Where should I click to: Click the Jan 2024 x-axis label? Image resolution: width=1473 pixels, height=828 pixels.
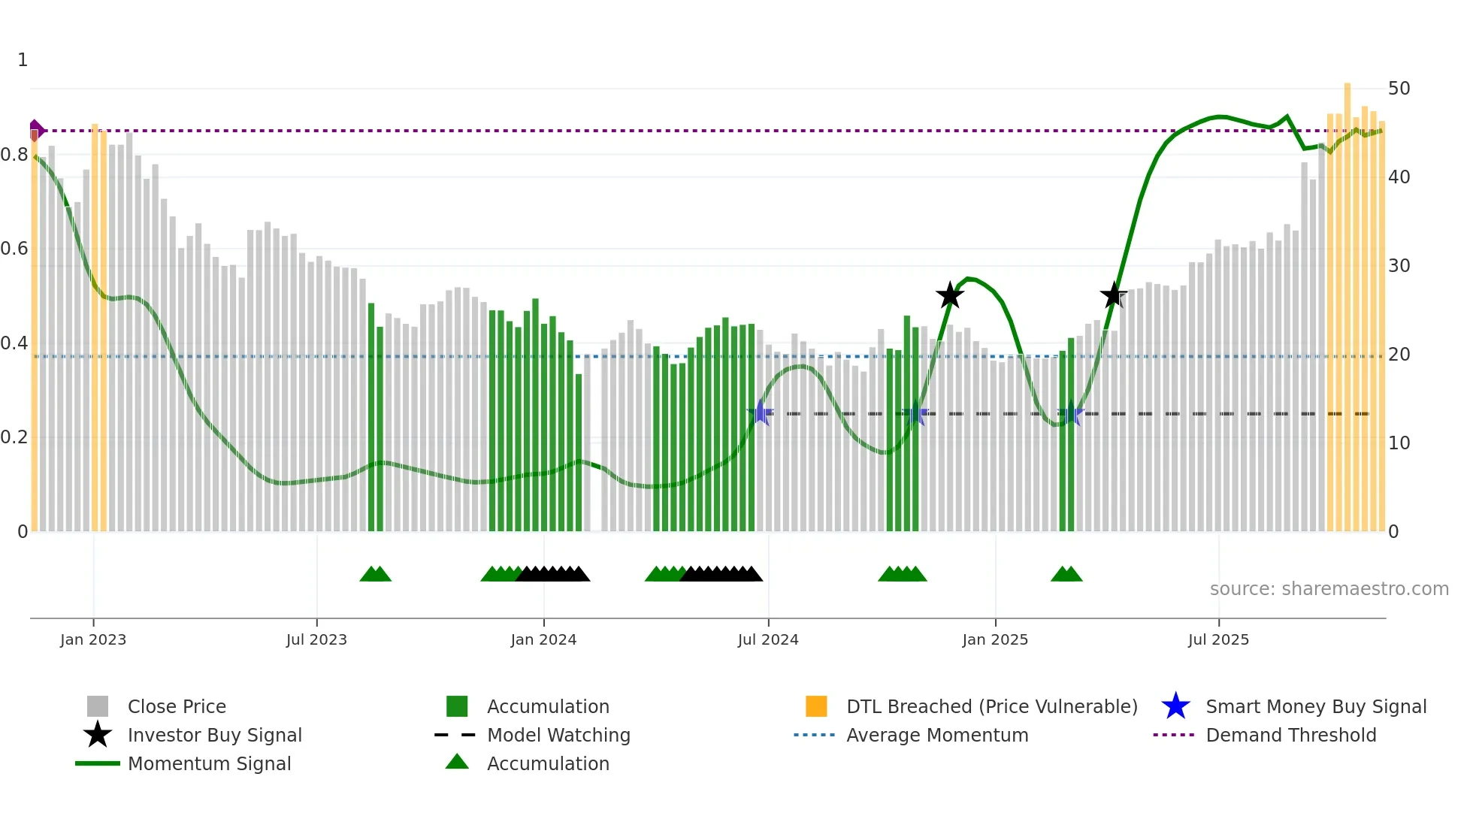coord(543,640)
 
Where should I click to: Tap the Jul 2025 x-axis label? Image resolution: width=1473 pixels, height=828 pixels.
coord(1218,640)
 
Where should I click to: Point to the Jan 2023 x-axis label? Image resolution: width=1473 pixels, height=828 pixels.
coord(93,640)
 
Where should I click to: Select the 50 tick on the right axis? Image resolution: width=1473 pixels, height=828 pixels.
coord(1399,89)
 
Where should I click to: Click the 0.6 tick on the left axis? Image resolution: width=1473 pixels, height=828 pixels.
coord(14,249)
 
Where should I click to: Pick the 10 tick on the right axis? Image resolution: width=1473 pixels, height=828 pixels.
coord(1399,443)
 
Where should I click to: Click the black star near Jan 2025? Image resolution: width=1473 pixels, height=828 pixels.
coord(950,295)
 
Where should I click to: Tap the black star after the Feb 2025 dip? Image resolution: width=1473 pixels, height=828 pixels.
coord(1113,295)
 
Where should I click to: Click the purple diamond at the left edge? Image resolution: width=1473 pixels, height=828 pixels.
coord(35,130)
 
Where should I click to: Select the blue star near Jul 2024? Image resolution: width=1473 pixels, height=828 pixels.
coord(761,413)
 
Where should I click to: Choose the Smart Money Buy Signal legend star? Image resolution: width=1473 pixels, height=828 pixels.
coord(1175,706)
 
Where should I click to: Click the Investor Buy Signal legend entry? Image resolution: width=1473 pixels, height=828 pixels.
coord(214,735)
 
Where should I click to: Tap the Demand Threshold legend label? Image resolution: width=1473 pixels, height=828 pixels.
coord(1290,735)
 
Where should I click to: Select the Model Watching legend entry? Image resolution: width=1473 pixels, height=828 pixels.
coord(558,735)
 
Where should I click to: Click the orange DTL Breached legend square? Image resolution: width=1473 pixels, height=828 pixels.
coord(816,706)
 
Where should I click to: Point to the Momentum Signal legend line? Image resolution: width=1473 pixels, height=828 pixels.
coord(98,763)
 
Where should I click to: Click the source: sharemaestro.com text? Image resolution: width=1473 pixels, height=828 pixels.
coord(1329,589)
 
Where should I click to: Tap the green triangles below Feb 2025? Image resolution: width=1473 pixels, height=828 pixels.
coord(1066,575)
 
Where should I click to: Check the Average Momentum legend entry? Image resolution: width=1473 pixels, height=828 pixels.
coord(936,735)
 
